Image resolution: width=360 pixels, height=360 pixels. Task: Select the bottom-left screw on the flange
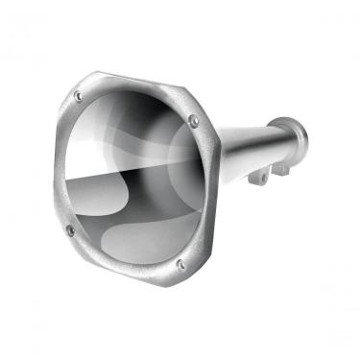tap(70, 230)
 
